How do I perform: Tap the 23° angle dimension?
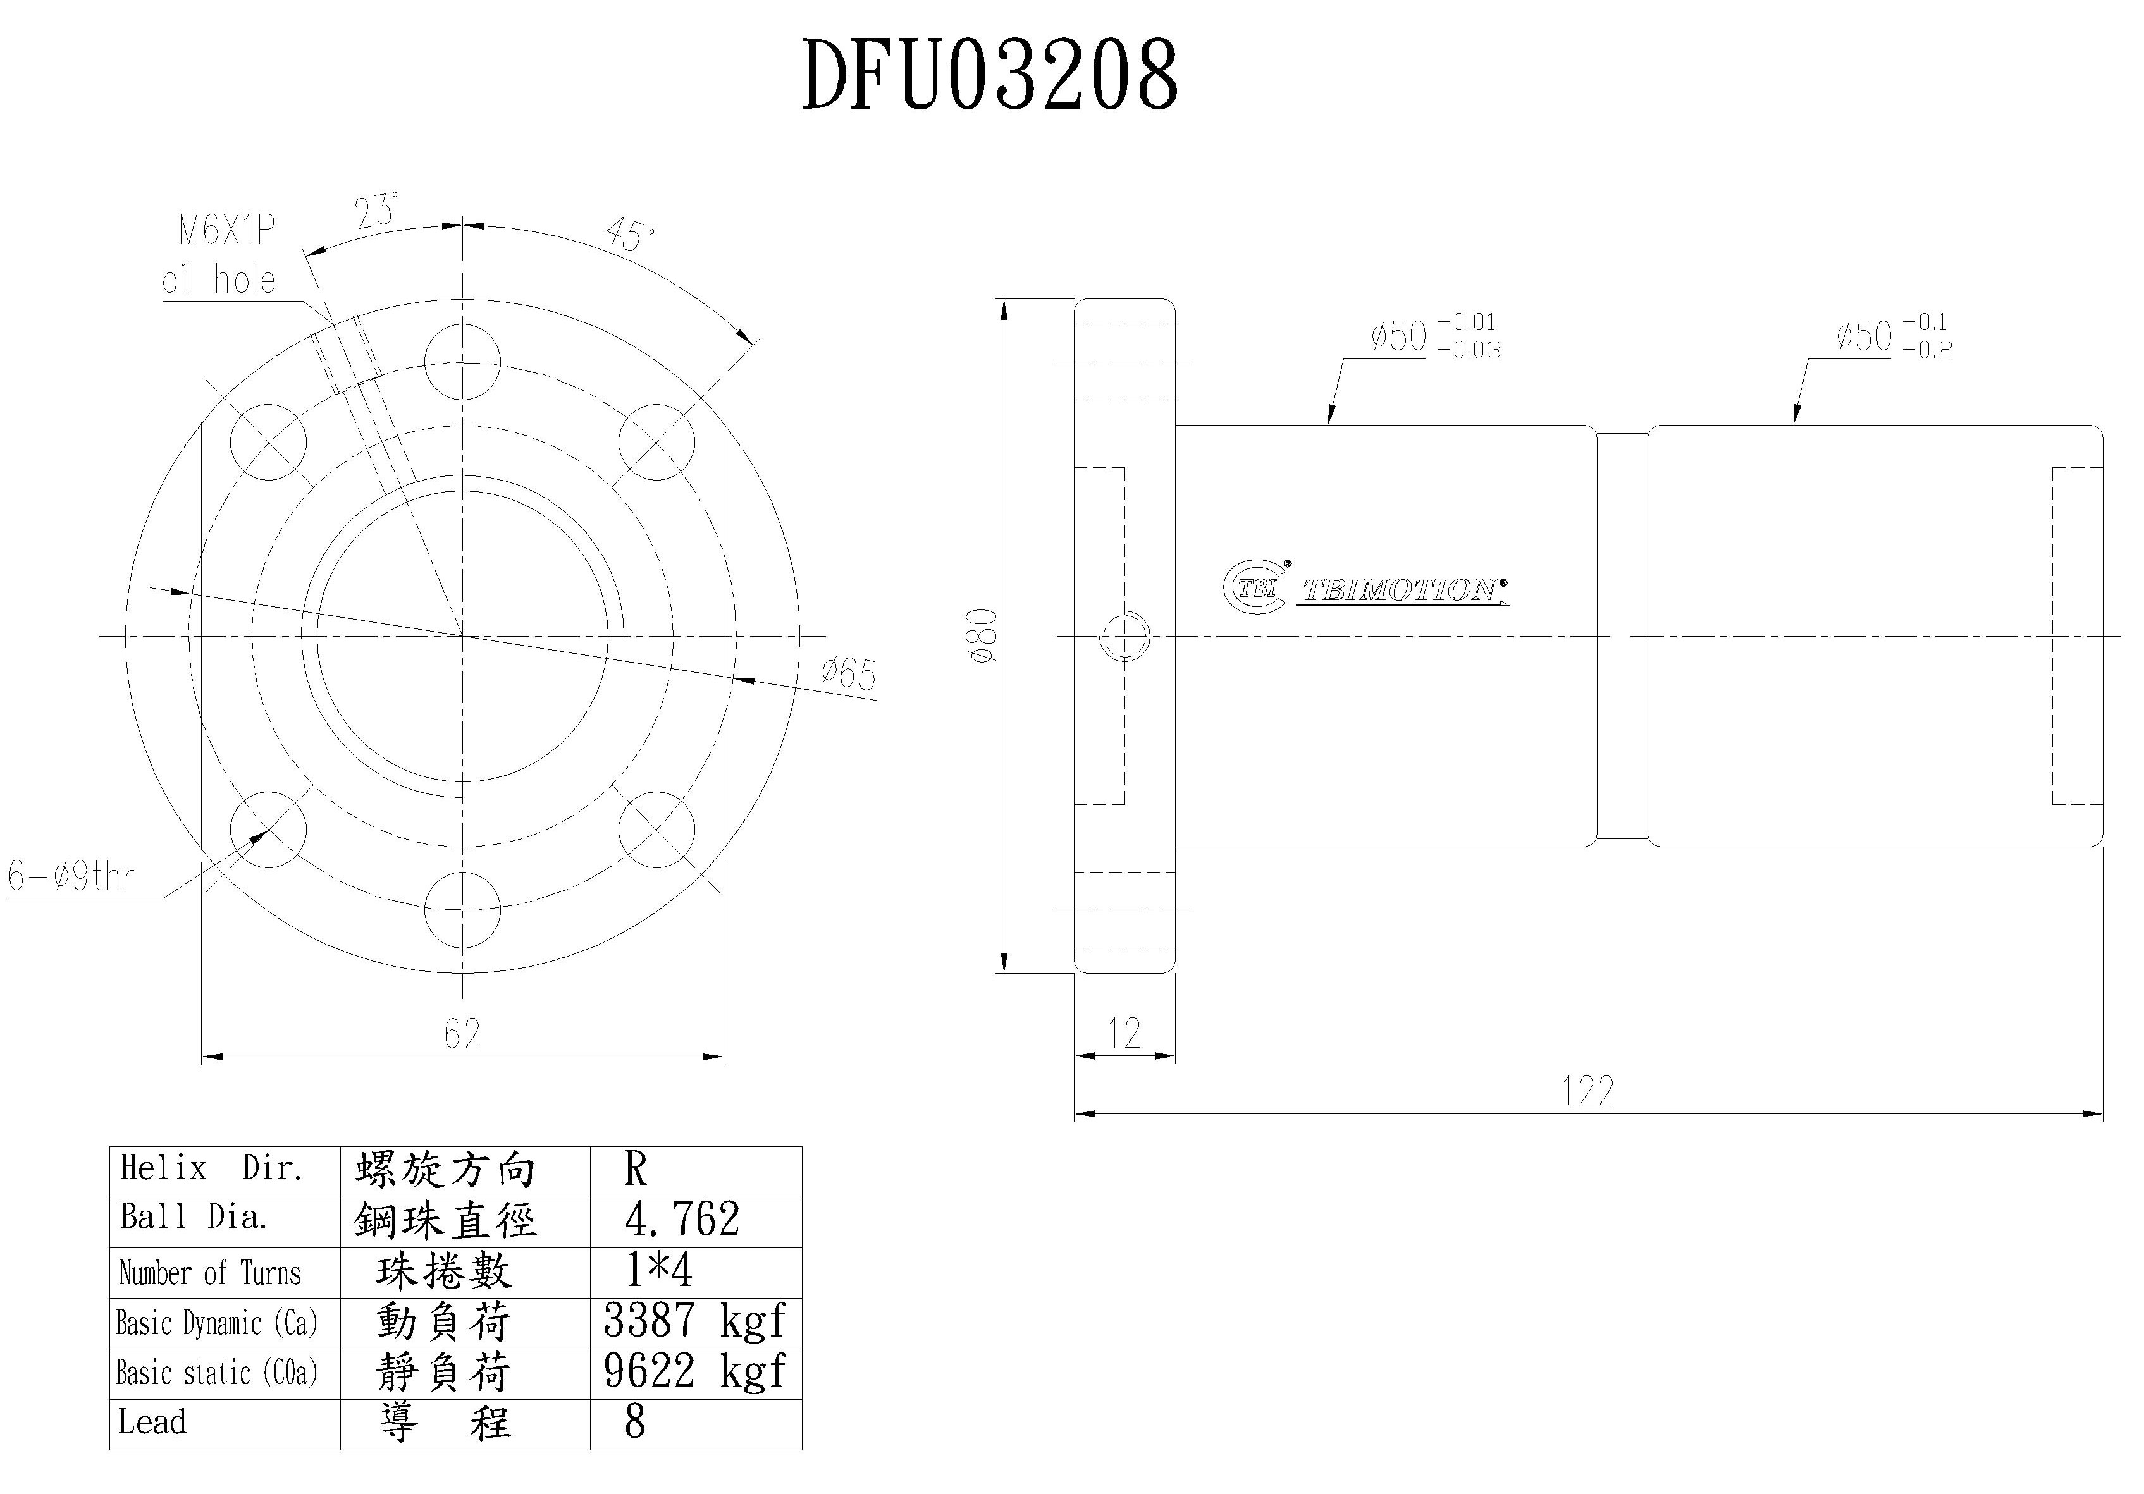(x=376, y=211)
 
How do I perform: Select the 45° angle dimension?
(x=631, y=235)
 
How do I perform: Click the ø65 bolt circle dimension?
(x=848, y=673)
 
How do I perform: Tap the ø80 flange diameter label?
(x=984, y=636)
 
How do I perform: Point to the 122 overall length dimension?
(x=1587, y=1091)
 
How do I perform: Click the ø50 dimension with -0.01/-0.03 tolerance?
(x=1434, y=336)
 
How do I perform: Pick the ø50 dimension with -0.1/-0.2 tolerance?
(x=1893, y=336)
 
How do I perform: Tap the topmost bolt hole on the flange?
(x=462, y=362)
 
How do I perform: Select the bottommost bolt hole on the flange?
(x=462, y=909)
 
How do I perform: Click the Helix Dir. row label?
(x=211, y=1168)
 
